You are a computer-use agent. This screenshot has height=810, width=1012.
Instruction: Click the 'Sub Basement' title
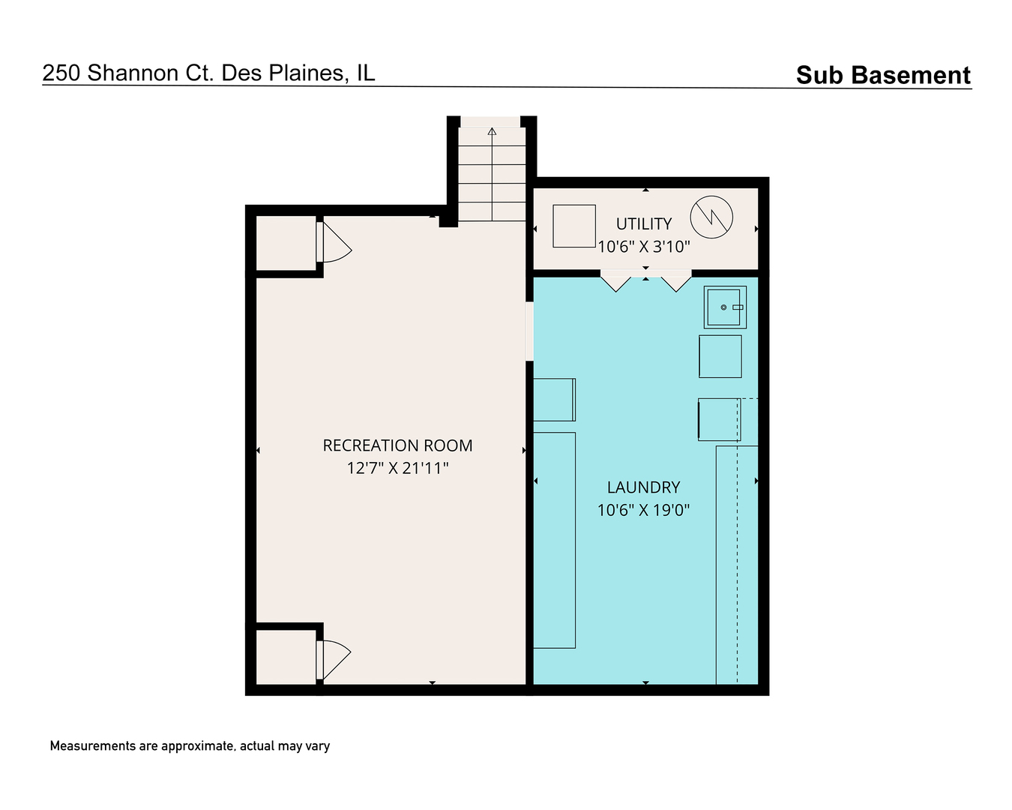882,75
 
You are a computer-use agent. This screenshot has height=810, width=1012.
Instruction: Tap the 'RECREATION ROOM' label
397,445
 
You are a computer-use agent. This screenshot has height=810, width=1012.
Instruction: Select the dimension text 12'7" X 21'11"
397,468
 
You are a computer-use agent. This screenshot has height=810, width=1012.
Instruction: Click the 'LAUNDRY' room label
643,487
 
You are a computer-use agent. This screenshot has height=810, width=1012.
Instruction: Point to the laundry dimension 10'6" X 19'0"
643,510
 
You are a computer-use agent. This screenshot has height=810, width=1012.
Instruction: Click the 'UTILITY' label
644,223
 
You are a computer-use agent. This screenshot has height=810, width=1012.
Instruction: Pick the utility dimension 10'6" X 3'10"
644,246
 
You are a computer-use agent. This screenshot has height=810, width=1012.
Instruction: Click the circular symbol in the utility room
711,196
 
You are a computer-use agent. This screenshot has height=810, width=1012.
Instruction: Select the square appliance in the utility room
573,226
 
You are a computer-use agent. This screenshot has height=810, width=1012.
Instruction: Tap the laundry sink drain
723,307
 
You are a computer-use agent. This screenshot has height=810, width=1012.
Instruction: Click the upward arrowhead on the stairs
492,131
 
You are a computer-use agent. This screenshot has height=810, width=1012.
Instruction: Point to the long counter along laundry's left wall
554,540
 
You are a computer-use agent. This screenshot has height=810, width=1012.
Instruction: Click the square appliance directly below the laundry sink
720,356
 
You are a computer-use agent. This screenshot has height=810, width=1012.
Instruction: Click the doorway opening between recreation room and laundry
529,331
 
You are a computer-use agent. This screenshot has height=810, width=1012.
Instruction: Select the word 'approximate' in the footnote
198,746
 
